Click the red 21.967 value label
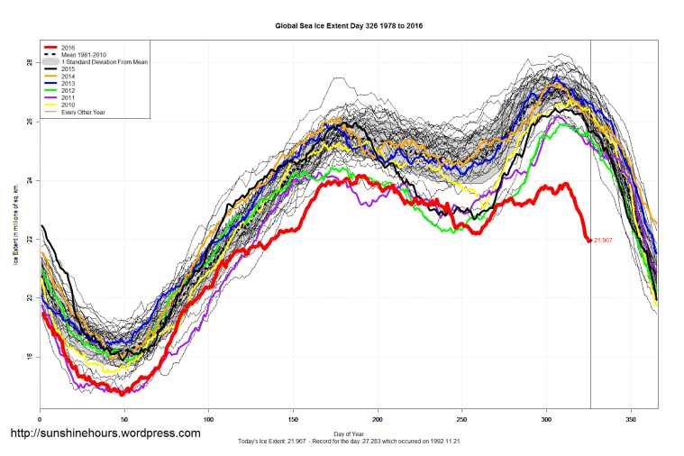tap(604, 241)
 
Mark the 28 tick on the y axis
tap(30, 63)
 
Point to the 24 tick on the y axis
tap(30, 180)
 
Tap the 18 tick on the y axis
tap(30, 357)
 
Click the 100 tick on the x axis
tap(208, 418)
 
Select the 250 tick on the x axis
tap(462, 418)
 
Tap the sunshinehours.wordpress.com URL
tap(105, 433)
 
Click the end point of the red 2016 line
tap(589, 241)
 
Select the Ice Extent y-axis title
tap(15, 225)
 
